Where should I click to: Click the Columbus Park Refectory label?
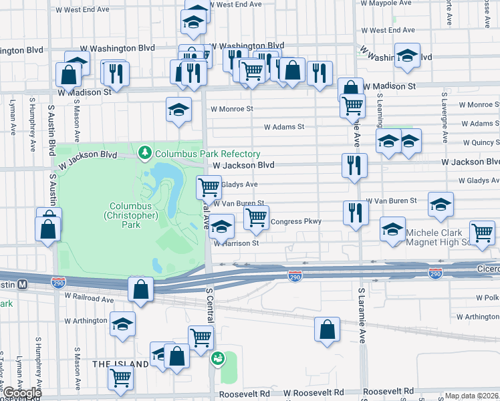(198, 154)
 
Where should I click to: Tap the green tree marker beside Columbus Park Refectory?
(145, 154)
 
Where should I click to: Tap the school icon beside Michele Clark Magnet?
(392, 229)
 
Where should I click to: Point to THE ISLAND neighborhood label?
(120, 364)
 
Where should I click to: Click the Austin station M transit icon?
(22, 284)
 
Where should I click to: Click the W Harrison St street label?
(237, 243)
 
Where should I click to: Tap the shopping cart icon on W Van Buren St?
(255, 217)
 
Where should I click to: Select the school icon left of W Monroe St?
(178, 110)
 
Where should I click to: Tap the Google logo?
(23, 394)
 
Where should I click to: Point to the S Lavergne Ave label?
(443, 117)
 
